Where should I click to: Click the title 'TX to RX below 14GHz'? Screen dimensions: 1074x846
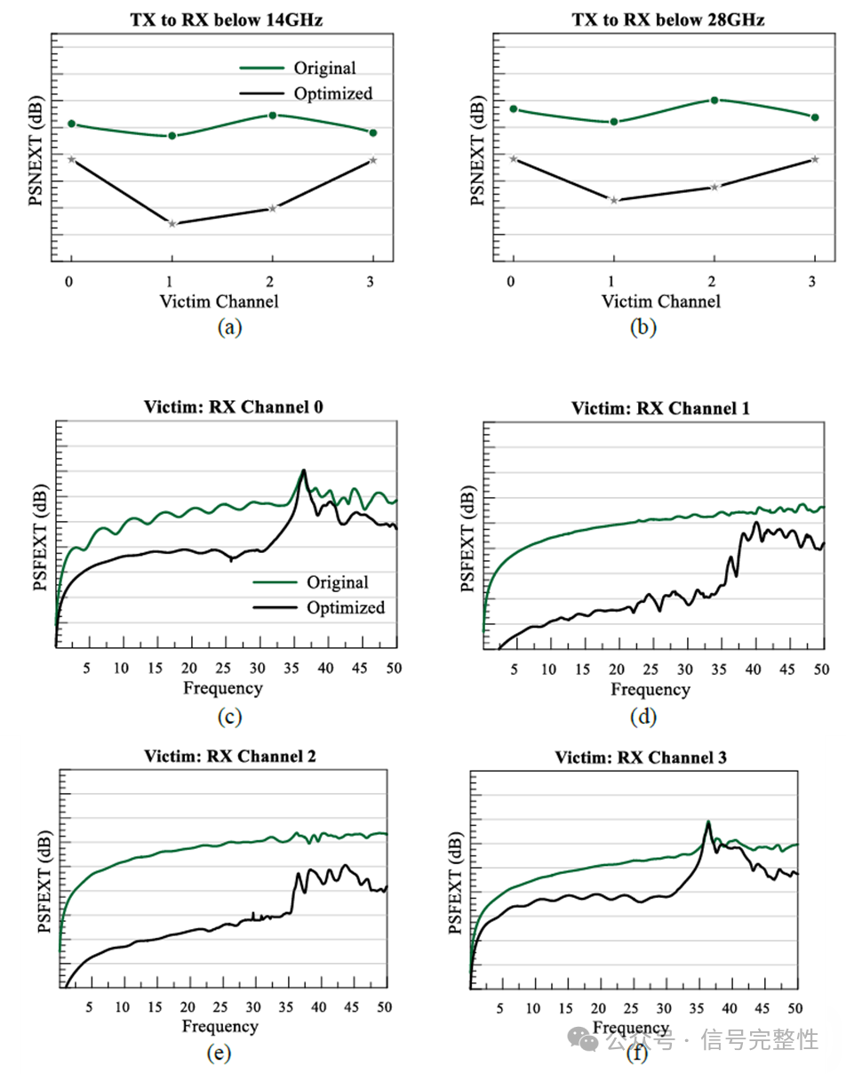pos(220,20)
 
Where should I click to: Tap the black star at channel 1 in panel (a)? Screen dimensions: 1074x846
pos(172,223)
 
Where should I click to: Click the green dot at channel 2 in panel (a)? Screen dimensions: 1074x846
pos(273,115)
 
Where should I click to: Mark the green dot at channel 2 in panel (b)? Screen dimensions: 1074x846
pos(714,100)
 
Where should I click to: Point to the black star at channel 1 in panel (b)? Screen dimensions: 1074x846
pos(613,200)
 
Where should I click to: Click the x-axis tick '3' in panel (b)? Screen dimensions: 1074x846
pos(814,281)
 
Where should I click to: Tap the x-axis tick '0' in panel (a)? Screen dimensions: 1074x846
pos(69,281)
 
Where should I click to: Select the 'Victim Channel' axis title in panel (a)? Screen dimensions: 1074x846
pos(219,301)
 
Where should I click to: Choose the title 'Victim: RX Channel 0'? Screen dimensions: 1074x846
pos(233,407)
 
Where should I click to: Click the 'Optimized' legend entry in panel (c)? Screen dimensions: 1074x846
pos(345,608)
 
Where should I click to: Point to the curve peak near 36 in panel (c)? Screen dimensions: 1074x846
pos(303,470)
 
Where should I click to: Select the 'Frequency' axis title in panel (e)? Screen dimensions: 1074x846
pos(220,1027)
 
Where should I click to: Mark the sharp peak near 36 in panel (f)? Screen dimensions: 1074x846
pos(708,822)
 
